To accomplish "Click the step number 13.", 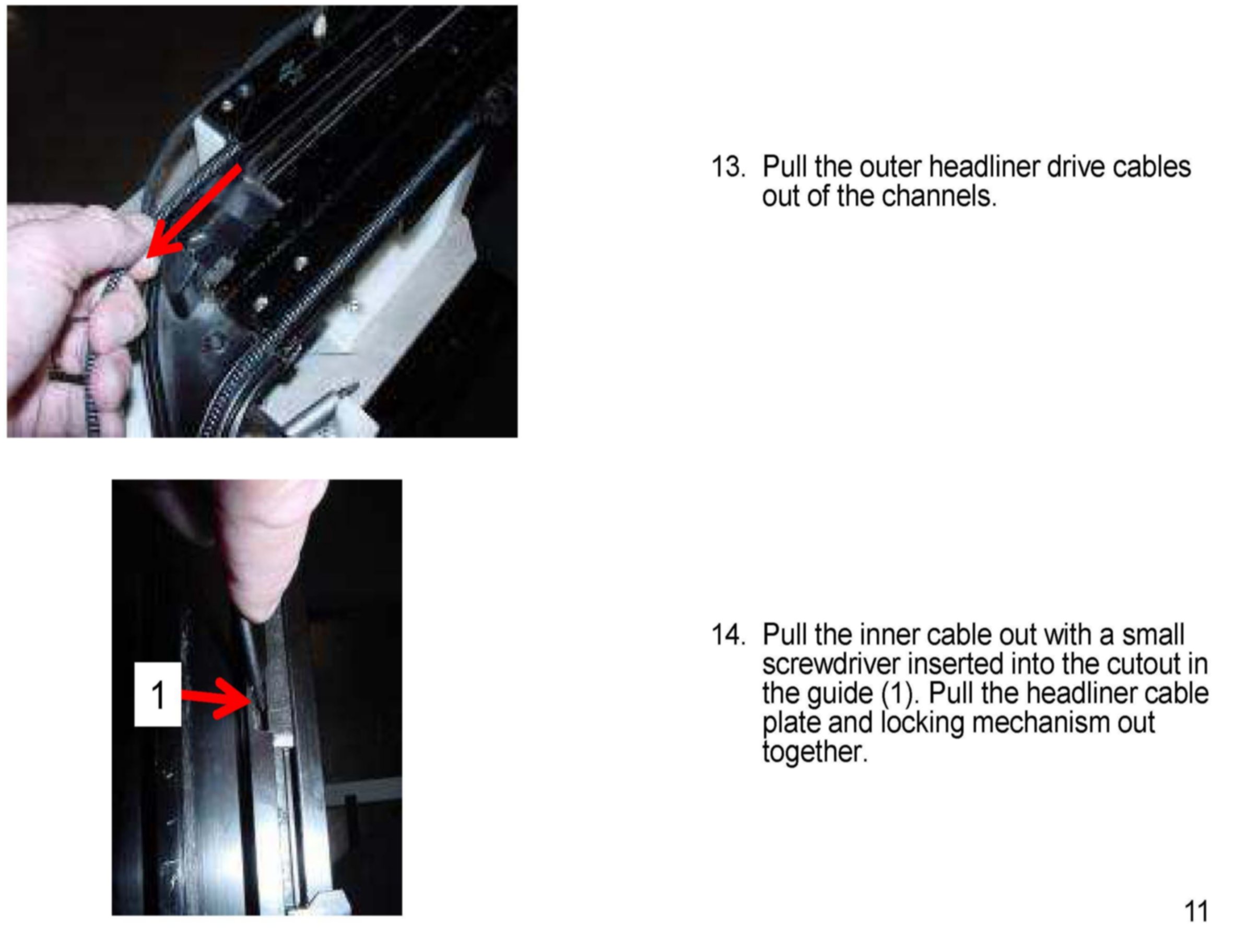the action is point(728,167).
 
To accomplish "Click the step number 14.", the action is point(728,635).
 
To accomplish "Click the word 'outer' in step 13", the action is point(890,167).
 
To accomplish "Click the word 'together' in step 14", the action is point(815,752).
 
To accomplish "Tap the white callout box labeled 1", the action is point(158,694).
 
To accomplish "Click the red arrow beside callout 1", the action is point(217,698).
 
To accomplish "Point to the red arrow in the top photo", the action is point(194,212).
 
